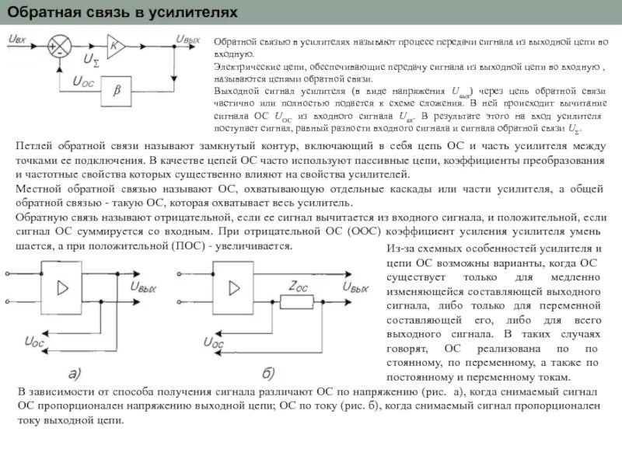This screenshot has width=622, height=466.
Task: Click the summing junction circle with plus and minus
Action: [57, 46]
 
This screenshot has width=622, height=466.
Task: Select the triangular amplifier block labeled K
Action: [114, 46]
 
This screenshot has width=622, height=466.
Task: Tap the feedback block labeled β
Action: [117, 90]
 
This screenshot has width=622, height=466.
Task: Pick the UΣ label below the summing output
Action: [92, 60]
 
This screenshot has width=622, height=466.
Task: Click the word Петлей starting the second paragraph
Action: [35, 145]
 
